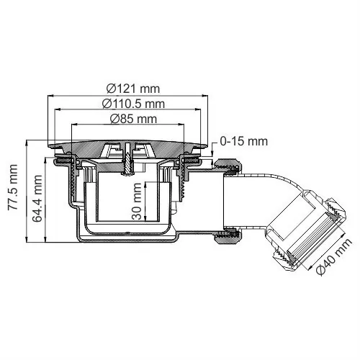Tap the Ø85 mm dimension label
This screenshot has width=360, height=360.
(x=131, y=119)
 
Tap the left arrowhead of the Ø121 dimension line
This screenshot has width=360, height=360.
(x=50, y=96)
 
